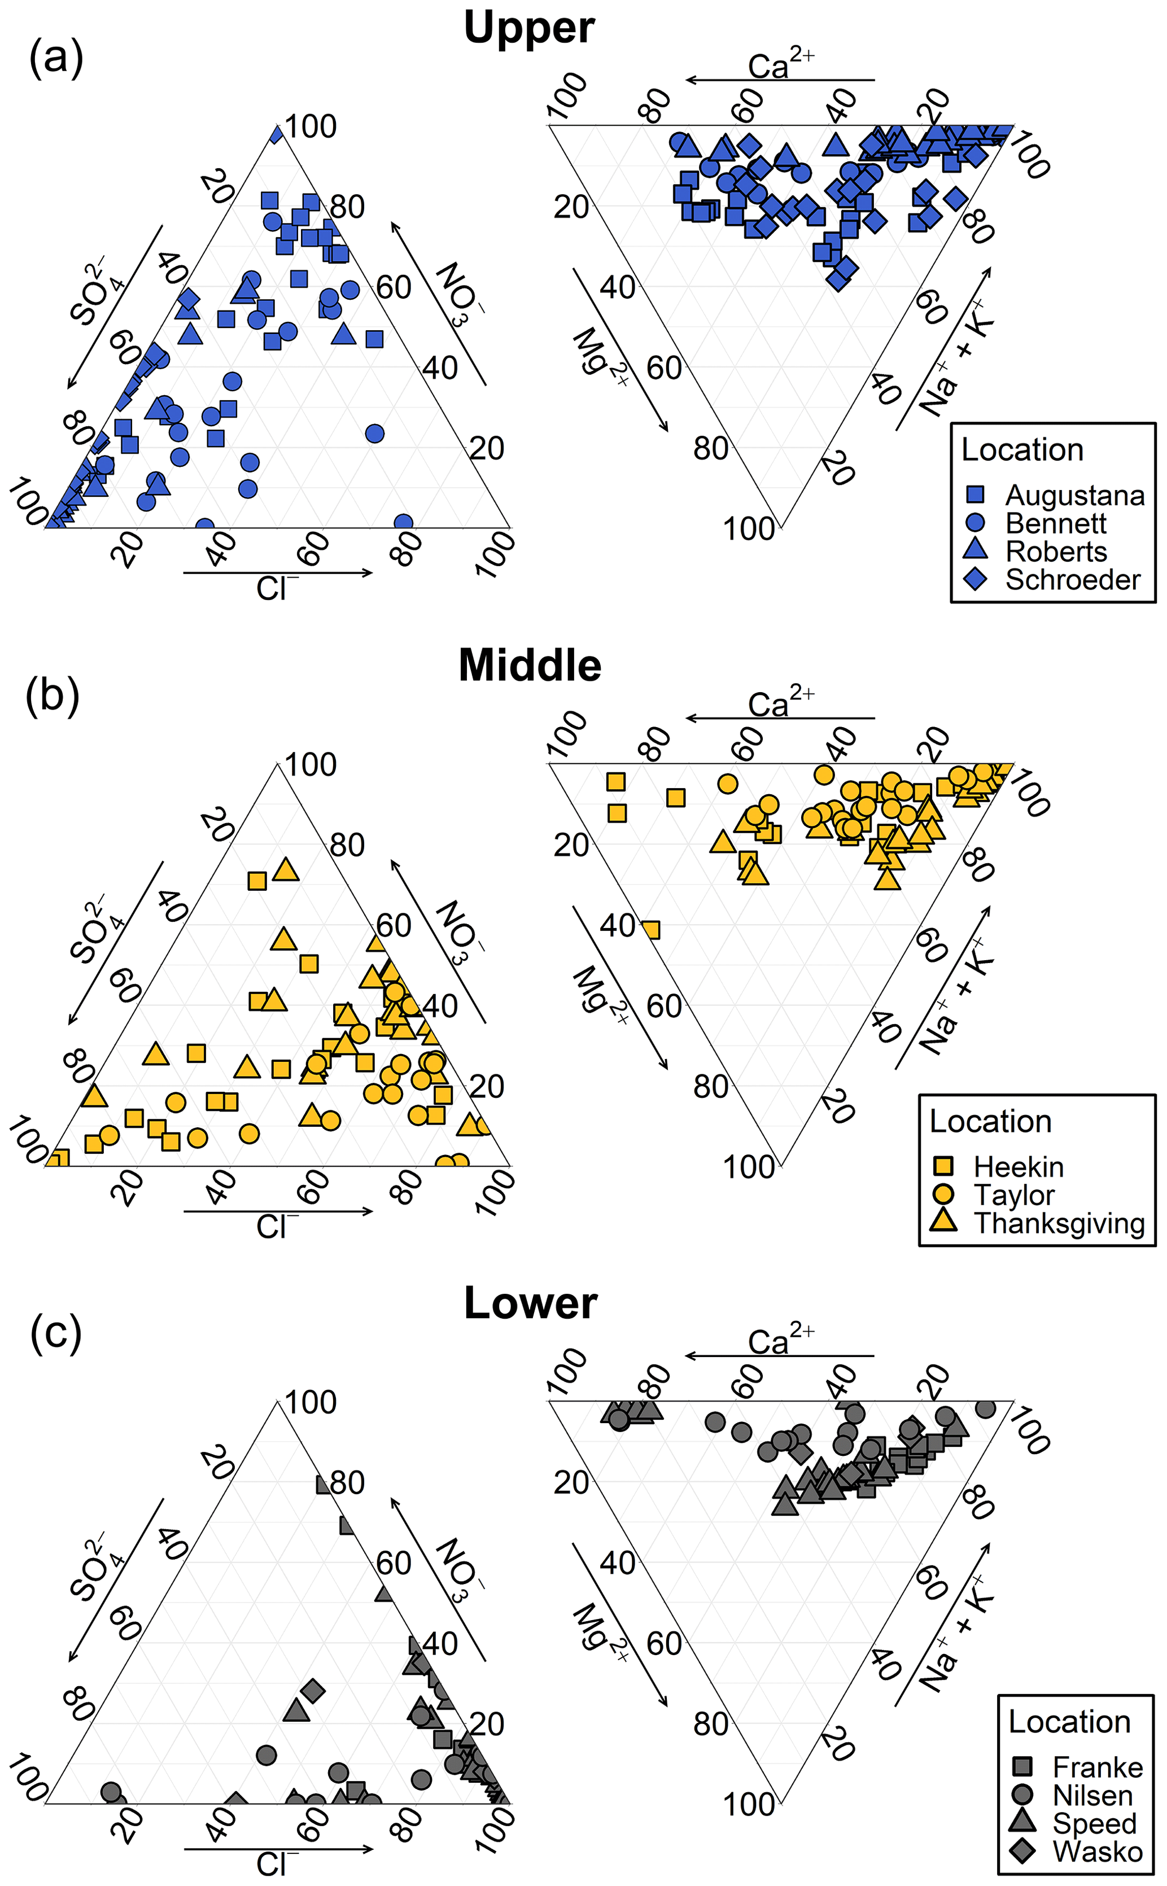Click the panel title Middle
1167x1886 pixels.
pyautogui.click(x=530, y=665)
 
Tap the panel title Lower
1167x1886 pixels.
pyautogui.click(x=530, y=1303)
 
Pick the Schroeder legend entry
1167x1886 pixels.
pyautogui.click(x=1072, y=580)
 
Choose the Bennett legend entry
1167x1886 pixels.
pyautogui.click(x=1055, y=523)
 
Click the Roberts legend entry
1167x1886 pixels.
pyautogui.click(x=1055, y=552)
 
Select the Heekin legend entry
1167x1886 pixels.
pyautogui.click(x=1018, y=1167)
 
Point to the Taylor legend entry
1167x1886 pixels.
pyautogui.click(x=1013, y=1194)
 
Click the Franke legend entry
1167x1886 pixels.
pyautogui.click(x=1097, y=1767)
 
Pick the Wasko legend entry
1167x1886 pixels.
pyautogui.click(x=1097, y=1852)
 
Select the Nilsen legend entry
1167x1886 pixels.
pyautogui.click(x=1092, y=1796)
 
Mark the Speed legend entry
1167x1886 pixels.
pyautogui.click(x=1094, y=1823)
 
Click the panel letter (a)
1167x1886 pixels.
pyautogui.click(x=55, y=58)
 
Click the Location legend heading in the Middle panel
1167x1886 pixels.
pyautogui.click(x=990, y=1121)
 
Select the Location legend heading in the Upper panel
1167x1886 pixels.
pyautogui.click(x=1022, y=450)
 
